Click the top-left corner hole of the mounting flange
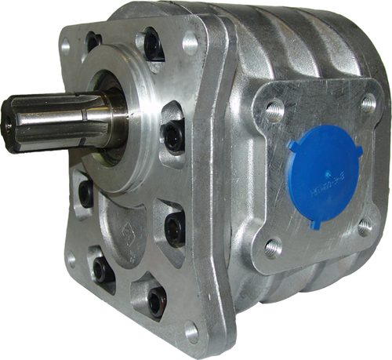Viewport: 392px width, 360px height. [x=66, y=47]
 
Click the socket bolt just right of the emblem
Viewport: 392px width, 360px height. [x=172, y=227]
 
